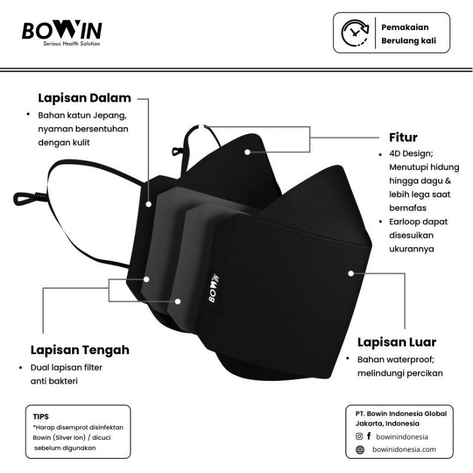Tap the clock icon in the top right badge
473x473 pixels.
pyautogui.click(x=354, y=33)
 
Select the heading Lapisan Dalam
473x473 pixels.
pyautogui.click(x=84, y=98)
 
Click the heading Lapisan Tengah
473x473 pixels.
pyautogui.click(x=79, y=350)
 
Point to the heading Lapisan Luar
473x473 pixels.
pyautogui.click(x=396, y=342)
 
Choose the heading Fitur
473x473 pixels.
pyautogui.click(x=403, y=138)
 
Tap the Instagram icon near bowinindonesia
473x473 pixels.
pyautogui.click(x=359, y=436)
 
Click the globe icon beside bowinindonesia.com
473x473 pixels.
pyautogui.click(x=359, y=449)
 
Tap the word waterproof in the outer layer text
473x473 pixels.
pyautogui.click(x=407, y=359)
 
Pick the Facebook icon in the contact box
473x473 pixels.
pyautogui.click(x=369, y=436)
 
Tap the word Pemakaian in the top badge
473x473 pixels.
pyautogui.click(x=404, y=27)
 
